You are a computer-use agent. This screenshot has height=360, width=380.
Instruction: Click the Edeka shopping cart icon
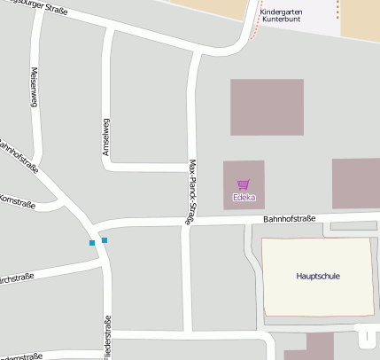coord(243,184)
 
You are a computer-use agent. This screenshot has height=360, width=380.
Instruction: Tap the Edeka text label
coord(243,197)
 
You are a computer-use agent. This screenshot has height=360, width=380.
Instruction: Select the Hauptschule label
coord(318,276)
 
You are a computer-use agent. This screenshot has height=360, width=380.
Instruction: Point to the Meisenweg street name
coord(35,89)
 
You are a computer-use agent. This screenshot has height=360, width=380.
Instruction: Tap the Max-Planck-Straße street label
coord(191,190)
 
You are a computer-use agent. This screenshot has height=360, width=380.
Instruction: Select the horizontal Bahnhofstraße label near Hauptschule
coord(289,219)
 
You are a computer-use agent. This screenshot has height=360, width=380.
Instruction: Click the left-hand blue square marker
coord(91,243)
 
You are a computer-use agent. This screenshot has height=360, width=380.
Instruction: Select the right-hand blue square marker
coord(105,240)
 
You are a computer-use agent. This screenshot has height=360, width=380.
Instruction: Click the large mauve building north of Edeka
coord(267,106)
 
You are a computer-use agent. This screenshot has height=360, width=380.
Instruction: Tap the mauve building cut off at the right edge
coord(356,183)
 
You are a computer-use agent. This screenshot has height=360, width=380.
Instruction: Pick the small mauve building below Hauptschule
coord(318,346)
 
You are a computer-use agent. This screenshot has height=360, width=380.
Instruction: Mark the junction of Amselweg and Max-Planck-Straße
coord(190,167)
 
